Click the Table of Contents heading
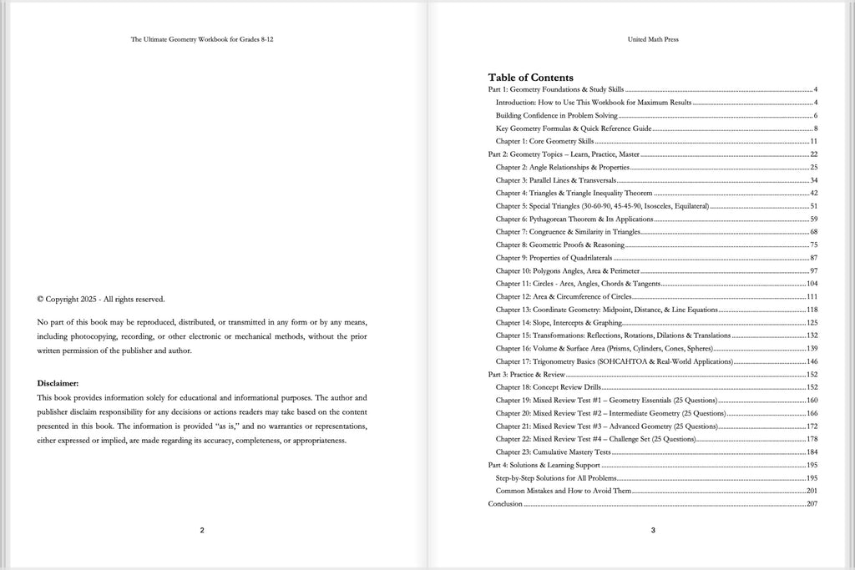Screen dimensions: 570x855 530,77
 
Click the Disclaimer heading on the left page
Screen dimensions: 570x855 58,382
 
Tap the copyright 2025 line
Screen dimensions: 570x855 101,299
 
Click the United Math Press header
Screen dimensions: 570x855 653,38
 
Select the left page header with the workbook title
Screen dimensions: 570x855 201,38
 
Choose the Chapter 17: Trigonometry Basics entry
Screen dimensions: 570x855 614,361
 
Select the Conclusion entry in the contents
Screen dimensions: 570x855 505,504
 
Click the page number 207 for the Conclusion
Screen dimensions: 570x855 811,504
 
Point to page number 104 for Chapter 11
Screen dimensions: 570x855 811,284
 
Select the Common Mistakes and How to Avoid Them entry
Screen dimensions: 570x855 564,491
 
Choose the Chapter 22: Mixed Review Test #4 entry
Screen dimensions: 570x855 595,439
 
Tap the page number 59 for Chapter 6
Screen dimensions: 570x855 812,219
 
